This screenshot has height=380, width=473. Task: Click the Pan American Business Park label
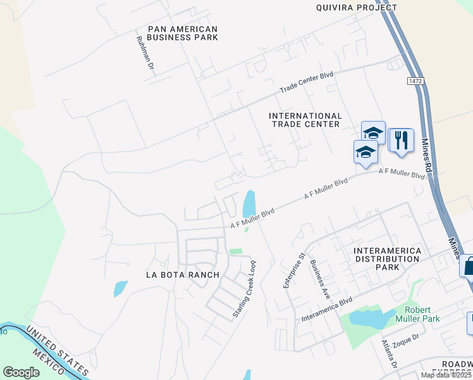tap(182, 33)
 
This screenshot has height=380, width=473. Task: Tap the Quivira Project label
tap(357, 8)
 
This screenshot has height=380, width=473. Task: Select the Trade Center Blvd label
tap(307, 82)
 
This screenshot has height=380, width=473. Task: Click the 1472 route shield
tap(415, 81)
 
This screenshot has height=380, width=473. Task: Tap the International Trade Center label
tap(305, 120)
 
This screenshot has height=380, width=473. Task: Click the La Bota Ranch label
tap(182, 275)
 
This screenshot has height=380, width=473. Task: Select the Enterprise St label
tap(294, 270)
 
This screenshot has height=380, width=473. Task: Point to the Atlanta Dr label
tap(388, 355)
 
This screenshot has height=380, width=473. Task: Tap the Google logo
tap(21, 372)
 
